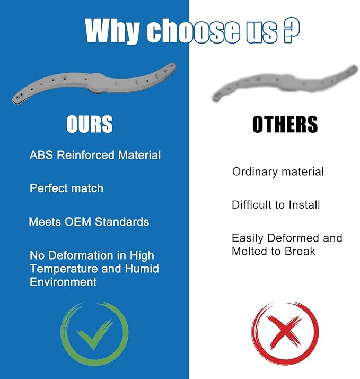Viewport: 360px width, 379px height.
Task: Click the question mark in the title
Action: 292,30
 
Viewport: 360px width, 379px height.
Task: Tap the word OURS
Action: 90,124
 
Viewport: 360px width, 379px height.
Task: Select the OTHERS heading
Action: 285,124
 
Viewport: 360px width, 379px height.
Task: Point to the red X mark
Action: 285,333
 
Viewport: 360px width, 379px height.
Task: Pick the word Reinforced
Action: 85,155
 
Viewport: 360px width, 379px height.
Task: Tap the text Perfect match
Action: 66,188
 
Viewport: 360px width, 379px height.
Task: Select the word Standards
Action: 122,222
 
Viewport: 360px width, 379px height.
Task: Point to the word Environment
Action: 63,282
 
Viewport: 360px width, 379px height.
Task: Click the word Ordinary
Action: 254,172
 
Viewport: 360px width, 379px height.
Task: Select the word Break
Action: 300,252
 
